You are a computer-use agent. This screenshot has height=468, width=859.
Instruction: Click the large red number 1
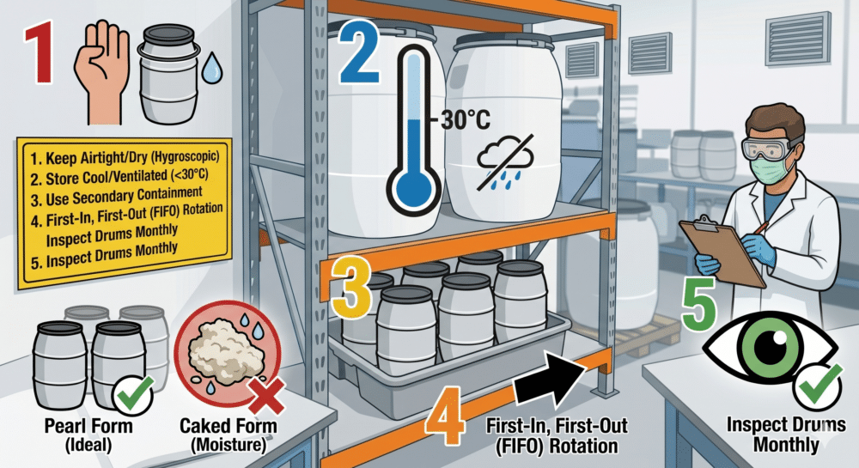[x=40, y=52]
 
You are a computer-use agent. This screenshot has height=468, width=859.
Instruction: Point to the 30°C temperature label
[x=465, y=119]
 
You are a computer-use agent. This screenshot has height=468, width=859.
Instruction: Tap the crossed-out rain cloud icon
[x=505, y=162]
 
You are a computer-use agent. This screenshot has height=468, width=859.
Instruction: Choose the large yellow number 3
[x=351, y=289]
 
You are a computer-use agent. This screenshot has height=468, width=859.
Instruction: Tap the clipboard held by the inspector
[x=722, y=251]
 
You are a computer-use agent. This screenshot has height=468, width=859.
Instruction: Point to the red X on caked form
[x=266, y=395]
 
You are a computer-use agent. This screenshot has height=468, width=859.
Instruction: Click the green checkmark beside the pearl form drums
[x=134, y=394]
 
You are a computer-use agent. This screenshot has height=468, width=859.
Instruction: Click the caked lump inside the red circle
[x=225, y=346]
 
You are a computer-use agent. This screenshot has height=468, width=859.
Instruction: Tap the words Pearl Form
[x=88, y=426]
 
